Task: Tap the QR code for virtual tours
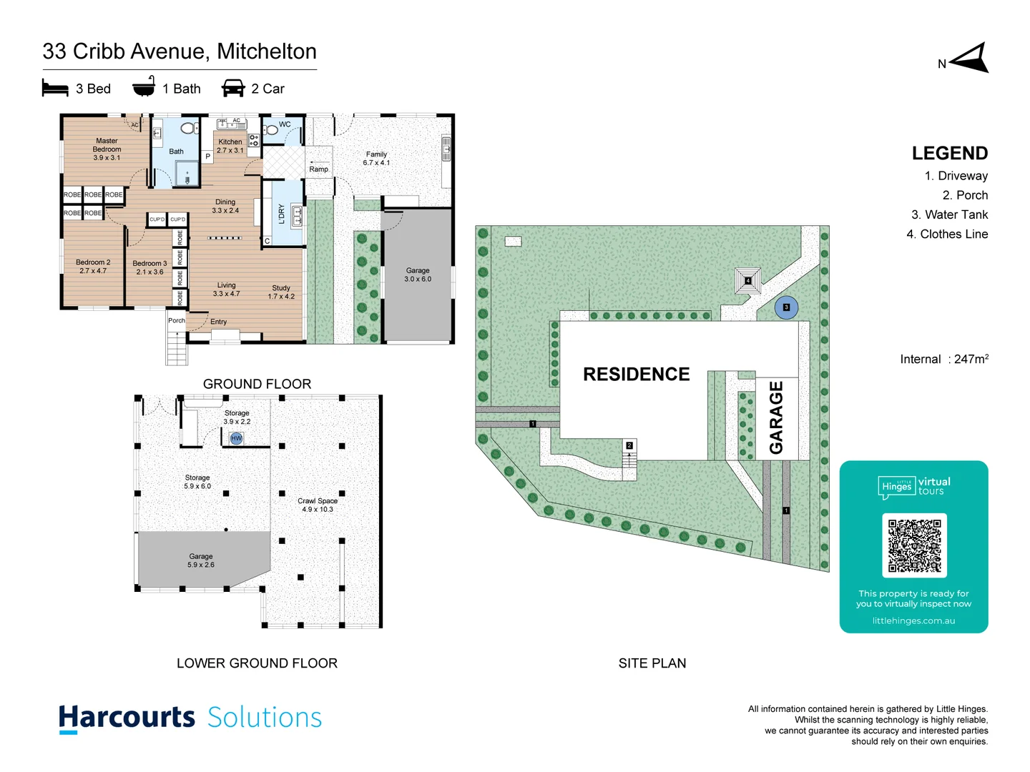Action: (x=914, y=545)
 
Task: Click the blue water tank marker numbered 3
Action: (x=786, y=307)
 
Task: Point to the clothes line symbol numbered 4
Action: (x=747, y=281)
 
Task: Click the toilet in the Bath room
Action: (x=188, y=129)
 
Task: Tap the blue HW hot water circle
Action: (x=237, y=438)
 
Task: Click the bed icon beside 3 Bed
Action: (x=55, y=89)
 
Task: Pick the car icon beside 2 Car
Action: (x=233, y=89)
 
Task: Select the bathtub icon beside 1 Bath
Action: (x=144, y=87)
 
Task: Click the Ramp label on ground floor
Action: (x=319, y=169)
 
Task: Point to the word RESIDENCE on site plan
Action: (x=636, y=375)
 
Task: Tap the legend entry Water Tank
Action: (x=949, y=214)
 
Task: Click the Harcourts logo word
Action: (x=127, y=718)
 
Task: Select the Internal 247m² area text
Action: (x=943, y=359)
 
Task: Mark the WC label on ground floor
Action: (x=285, y=124)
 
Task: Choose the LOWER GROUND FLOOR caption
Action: (x=257, y=663)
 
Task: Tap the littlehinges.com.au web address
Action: (x=913, y=620)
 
